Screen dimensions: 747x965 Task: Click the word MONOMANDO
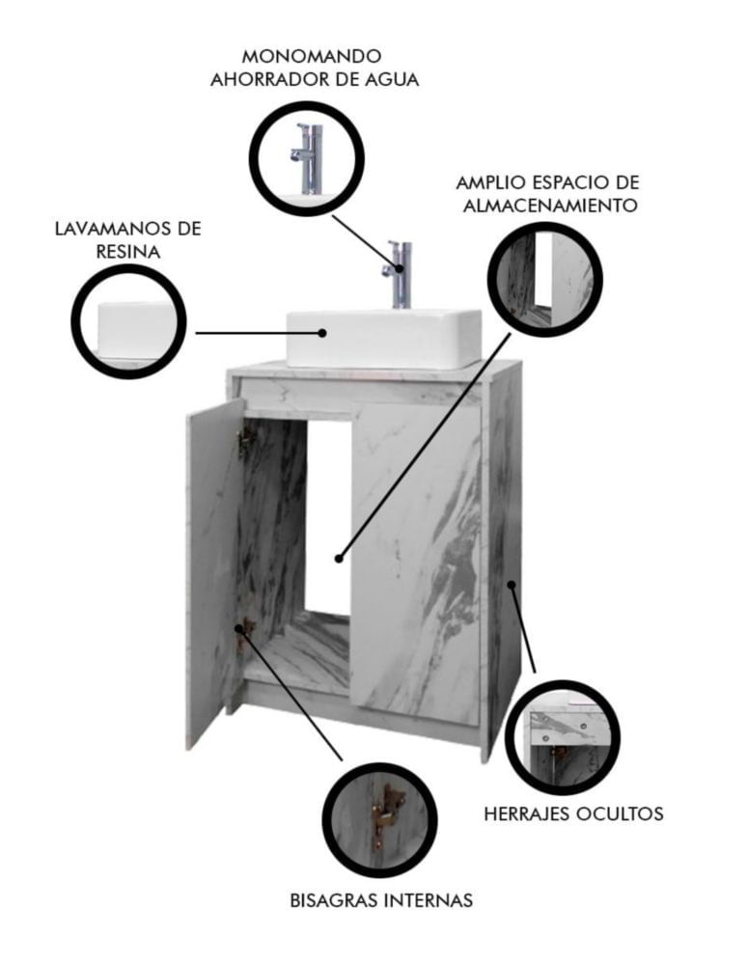pyautogui.click(x=312, y=56)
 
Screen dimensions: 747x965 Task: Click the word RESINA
pyautogui.click(x=128, y=252)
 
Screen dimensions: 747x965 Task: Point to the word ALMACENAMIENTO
pyautogui.click(x=549, y=205)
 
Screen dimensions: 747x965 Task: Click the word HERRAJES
pyautogui.click(x=527, y=813)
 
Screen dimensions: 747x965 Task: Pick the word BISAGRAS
pyautogui.click(x=334, y=900)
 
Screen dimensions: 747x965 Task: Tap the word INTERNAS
pyautogui.click(x=429, y=900)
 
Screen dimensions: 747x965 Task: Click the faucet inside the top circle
pyautogui.click(x=308, y=159)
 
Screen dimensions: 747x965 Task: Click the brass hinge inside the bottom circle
pyautogui.click(x=387, y=813)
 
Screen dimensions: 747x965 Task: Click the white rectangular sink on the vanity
pyautogui.click(x=384, y=338)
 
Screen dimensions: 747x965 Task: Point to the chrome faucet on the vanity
pyautogui.click(x=399, y=274)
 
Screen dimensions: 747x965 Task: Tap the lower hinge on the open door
pyautogui.click(x=244, y=632)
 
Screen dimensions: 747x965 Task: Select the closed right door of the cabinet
pyautogui.click(x=416, y=564)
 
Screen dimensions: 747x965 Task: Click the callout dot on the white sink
pyautogui.click(x=322, y=333)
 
